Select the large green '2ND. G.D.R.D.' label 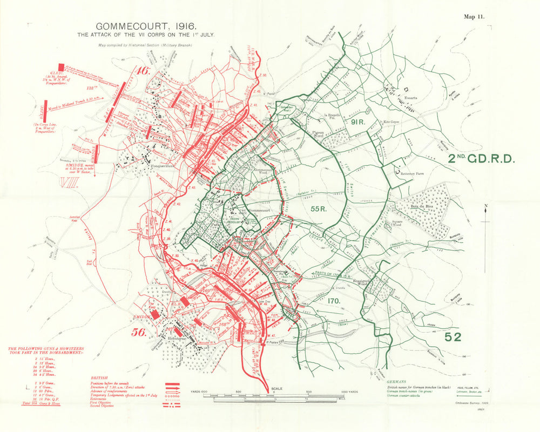pyautogui.click(x=482, y=159)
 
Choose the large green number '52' pyautogui.click(x=453, y=337)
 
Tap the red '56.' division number pyautogui.click(x=138, y=332)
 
